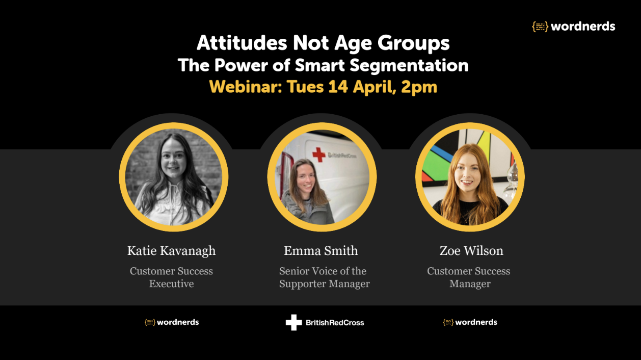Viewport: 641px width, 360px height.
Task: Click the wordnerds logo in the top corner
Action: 573,27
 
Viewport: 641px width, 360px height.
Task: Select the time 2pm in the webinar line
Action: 419,87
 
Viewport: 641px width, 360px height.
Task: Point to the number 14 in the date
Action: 337,87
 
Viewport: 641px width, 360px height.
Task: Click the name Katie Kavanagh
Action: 171,251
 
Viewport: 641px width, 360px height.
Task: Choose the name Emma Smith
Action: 320,251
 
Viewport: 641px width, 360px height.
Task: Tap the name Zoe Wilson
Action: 471,251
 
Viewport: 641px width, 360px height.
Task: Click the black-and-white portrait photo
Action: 174,177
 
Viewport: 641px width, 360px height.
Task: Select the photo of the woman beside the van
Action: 322,177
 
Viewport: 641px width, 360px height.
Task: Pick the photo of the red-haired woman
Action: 470,177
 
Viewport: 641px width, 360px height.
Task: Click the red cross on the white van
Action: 319,155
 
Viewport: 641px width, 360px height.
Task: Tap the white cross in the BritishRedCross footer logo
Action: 294,322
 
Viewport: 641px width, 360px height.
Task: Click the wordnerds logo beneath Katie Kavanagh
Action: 172,322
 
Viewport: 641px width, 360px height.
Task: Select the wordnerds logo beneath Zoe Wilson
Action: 470,322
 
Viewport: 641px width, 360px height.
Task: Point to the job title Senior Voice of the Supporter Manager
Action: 324,277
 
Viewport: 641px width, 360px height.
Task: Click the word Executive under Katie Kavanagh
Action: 171,284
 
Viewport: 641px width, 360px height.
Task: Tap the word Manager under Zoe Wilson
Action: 470,284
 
